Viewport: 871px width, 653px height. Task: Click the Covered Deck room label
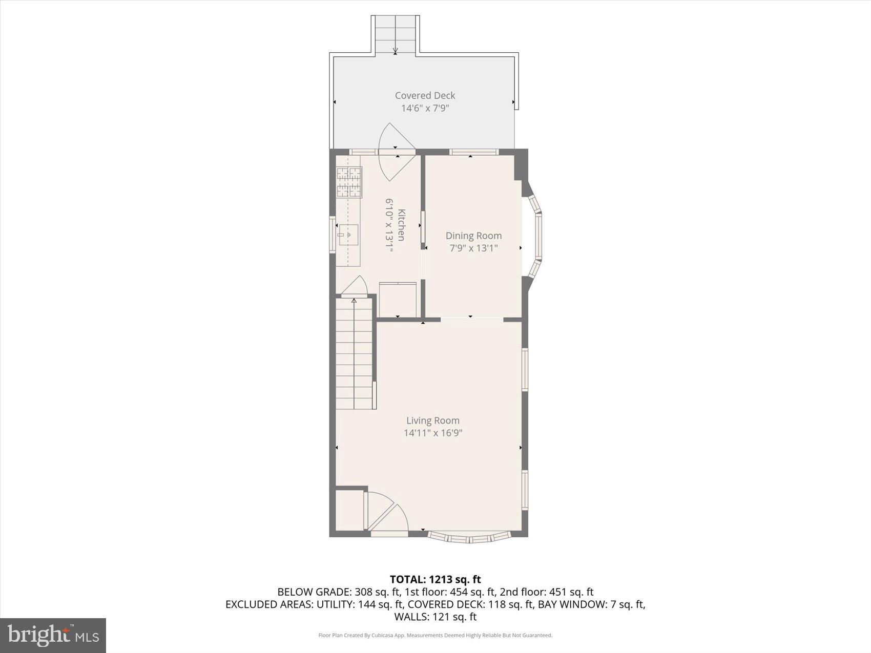pyautogui.click(x=425, y=95)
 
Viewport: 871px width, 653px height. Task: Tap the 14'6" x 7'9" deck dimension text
pyautogui.click(x=425, y=108)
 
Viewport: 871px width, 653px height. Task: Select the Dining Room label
pyautogui.click(x=473, y=236)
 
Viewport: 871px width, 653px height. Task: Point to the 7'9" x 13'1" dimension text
pyautogui.click(x=473, y=248)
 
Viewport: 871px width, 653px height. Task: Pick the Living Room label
pyautogui.click(x=433, y=420)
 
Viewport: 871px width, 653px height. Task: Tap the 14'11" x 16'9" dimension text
pyautogui.click(x=433, y=433)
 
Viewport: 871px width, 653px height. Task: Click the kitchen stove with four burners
pyautogui.click(x=349, y=182)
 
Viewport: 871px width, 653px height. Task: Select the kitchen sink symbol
pyautogui.click(x=348, y=235)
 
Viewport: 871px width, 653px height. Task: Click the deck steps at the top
pyautogui.click(x=395, y=34)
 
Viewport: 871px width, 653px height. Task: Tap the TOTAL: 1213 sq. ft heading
pyautogui.click(x=435, y=579)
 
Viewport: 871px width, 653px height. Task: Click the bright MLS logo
pyautogui.click(x=53, y=635)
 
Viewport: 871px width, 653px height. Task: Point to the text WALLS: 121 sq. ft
pyautogui.click(x=435, y=617)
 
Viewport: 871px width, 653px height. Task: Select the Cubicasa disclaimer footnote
pyautogui.click(x=435, y=636)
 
